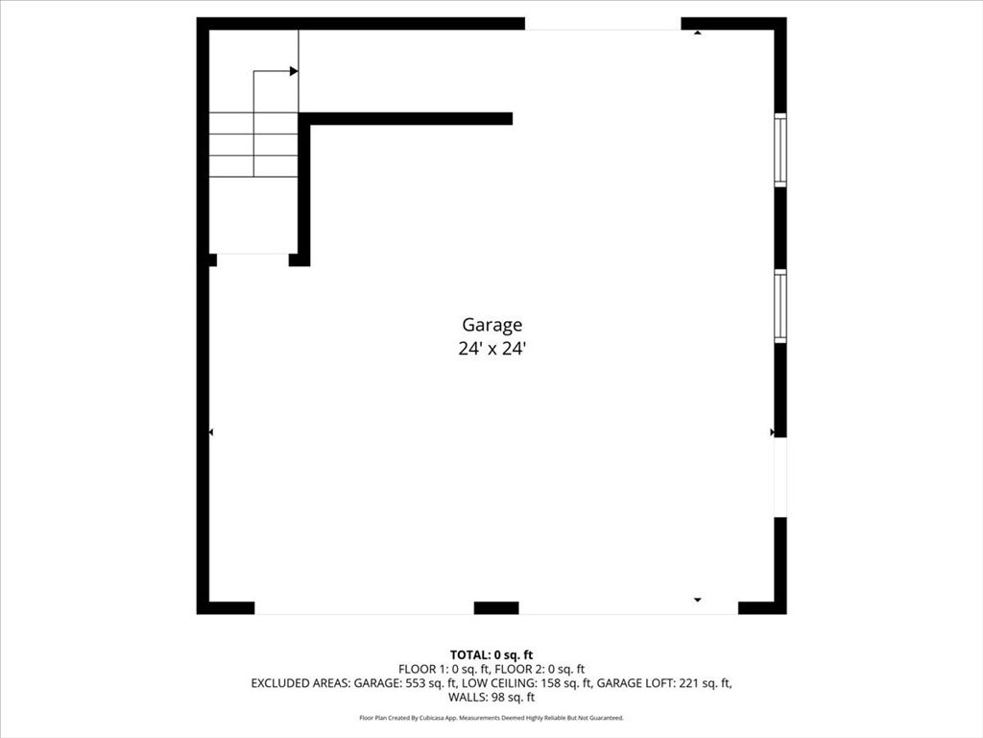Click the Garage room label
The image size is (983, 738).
point(491,326)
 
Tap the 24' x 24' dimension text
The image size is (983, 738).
point(491,350)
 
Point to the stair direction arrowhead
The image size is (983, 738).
point(294,71)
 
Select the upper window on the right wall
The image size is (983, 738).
point(780,150)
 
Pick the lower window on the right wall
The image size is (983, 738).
point(780,307)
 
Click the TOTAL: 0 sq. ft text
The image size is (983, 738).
point(491,655)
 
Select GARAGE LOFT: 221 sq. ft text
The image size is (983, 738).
point(664,683)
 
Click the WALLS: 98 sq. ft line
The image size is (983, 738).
point(491,698)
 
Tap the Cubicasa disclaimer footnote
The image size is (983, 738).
point(491,718)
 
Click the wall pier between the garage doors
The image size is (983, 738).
point(496,607)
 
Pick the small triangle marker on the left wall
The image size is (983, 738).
point(211,433)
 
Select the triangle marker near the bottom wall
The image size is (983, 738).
point(698,600)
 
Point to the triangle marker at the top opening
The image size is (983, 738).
point(698,33)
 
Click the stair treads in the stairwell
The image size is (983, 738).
point(253,144)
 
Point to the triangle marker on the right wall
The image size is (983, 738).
point(773,433)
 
